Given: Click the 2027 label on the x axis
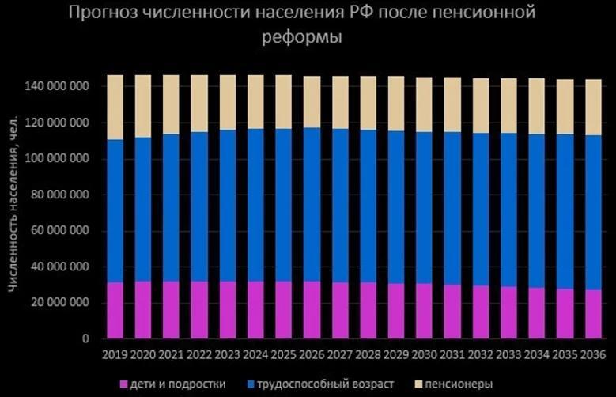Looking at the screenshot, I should [x=340, y=353].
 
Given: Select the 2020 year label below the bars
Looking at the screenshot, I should [x=143, y=353].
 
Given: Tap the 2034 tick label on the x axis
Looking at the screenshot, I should [x=537, y=353].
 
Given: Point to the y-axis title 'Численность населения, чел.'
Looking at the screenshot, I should [x=13, y=209].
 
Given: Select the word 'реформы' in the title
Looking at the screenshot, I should [x=304, y=38].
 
